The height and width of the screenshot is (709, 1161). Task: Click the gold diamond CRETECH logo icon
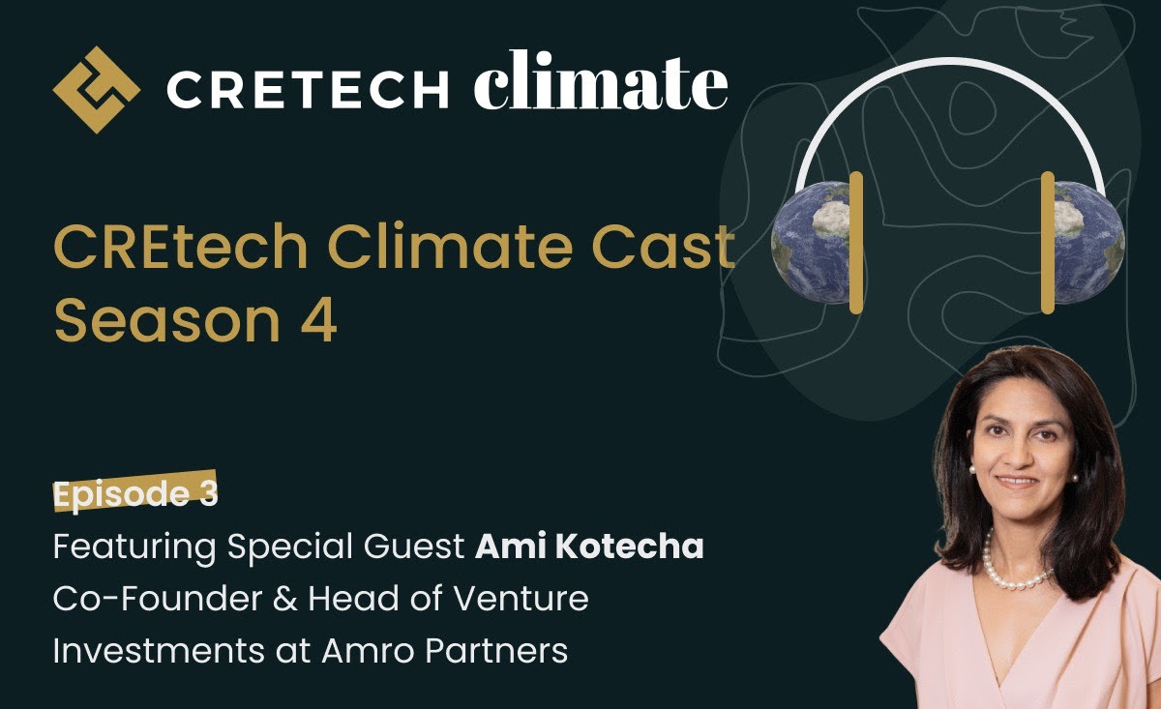point(96,89)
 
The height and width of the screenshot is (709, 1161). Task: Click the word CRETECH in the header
point(307,91)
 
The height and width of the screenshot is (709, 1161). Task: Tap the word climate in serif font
point(600,84)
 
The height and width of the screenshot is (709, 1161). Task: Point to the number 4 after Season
point(319,323)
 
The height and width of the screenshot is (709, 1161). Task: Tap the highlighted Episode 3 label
point(135,494)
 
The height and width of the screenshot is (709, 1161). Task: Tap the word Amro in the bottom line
point(360,651)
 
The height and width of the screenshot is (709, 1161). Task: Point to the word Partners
point(497,651)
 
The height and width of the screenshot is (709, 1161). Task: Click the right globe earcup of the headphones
point(1088,240)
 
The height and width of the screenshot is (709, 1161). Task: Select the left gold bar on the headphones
point(856,242)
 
